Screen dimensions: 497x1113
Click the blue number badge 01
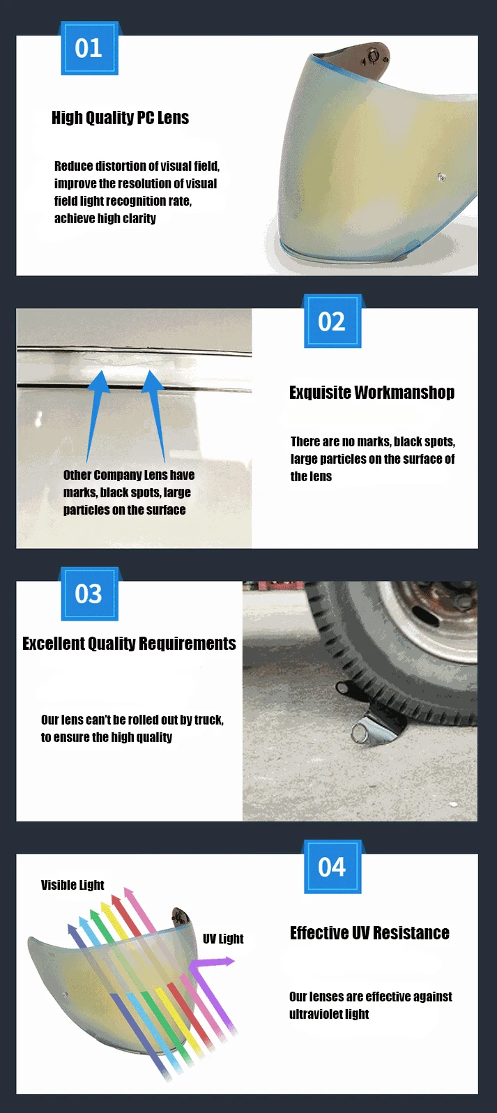pyautogui.click(x=89, y=48)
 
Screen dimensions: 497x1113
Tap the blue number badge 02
pyautogui.click(x=332, y=321)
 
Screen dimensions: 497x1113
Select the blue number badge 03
pyautogui.click(x=89, y=593)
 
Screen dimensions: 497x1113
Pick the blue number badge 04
pyautogui.click(x=332, y=867)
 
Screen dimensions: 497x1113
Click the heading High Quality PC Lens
pyautogui.click(x=120, y=118)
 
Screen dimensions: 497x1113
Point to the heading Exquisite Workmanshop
pyautogui.click(x=372, y=393)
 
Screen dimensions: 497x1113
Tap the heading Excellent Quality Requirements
pyautogui.click(x=129, y=644)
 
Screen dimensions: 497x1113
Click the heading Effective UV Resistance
pyautogui.click(x=369, y=933)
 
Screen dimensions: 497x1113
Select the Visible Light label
pyautogui.click(x=72, y=885)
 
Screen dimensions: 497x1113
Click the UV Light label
pyautogui.click(x=223, y=939)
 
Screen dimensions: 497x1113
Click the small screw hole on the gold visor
pyautogui.click(x=441, y=176)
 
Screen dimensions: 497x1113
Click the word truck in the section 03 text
pyautogui.click(x=208, y=720)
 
